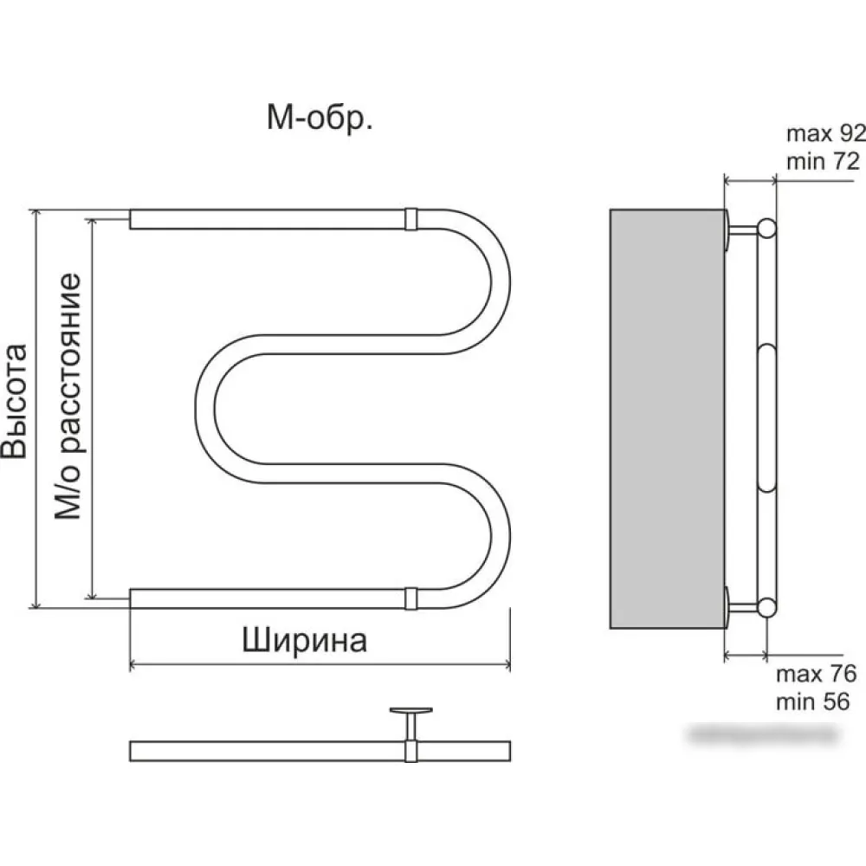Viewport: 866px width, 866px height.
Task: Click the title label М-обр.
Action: [x=320, y=120]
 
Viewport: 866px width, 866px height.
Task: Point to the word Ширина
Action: [x=304, y=641]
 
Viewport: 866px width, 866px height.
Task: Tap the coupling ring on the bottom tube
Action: [x=410, y=598]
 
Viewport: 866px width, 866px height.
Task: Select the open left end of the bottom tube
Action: [x=132, y=598]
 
